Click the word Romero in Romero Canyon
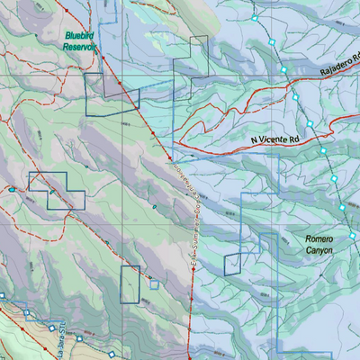click(319, 239)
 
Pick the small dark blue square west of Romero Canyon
click(233, 264)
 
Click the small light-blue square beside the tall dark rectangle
click(154, 284)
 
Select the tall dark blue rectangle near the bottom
click(131, 283)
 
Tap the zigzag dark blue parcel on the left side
click(57, 190)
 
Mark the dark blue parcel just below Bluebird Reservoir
click(112, 94)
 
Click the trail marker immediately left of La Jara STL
click(26, 314)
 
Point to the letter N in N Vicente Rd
click(255, 141)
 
